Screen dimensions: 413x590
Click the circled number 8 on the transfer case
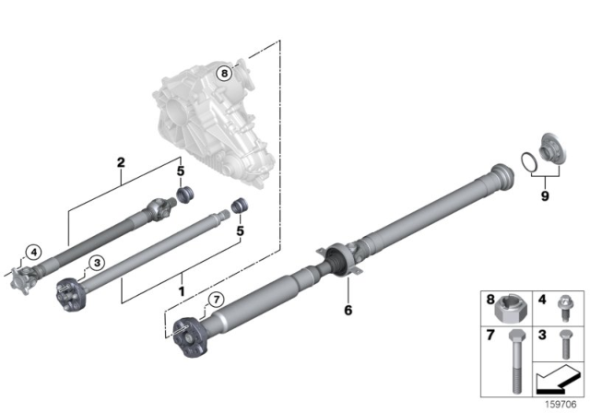point(222,72)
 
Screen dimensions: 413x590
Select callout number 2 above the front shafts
point(121,163)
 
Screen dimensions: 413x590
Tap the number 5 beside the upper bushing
point(182,171)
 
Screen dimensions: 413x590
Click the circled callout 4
point(33,251)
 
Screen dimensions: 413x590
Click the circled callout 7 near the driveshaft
point(216,300)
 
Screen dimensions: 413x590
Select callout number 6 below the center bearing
point(348,310)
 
